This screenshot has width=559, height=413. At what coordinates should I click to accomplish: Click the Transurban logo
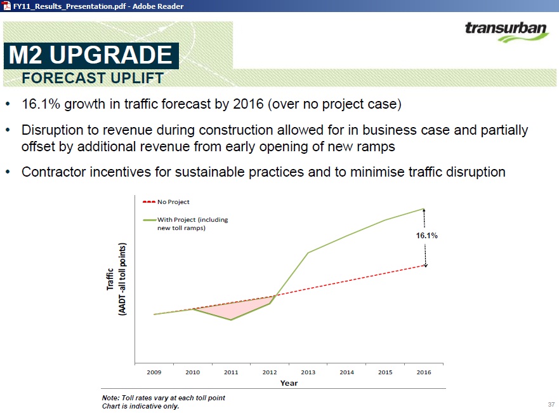[x=506, y=32]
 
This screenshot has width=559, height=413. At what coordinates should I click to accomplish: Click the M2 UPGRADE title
[x=91, y=55]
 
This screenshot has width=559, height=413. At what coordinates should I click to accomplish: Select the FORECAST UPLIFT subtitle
[x=93, y=78]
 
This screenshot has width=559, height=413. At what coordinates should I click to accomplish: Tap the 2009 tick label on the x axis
[x=154, y=372]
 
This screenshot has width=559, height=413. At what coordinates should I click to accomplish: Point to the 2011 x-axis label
[x=231, y=372]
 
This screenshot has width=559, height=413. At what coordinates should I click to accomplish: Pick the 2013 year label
[x=308, y=372]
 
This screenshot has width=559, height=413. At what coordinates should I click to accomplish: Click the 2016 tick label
[x=424, y=372]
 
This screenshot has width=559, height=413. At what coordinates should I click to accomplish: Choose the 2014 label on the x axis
[x=346, y=372]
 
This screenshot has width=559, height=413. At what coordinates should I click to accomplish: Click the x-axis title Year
[x=289, y=383]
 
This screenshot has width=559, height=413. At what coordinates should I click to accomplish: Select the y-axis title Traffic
[x=110, y=279]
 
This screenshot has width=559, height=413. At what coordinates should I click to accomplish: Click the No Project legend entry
[x=166, y=201]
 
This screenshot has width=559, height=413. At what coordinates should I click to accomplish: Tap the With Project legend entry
[x=185, y=224]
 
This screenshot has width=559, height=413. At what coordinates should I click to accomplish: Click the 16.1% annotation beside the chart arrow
[x=427, y=236]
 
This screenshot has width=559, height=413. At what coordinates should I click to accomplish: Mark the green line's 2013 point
[x=308, y=253]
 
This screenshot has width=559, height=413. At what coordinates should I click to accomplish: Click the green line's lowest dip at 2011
[x=231, y=320]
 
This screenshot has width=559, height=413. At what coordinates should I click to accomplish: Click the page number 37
[x=551, y=405]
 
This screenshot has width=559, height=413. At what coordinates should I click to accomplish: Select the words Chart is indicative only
[x=140, y=406]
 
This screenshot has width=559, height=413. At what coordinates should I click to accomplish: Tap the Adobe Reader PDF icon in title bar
[x=7, y=6]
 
